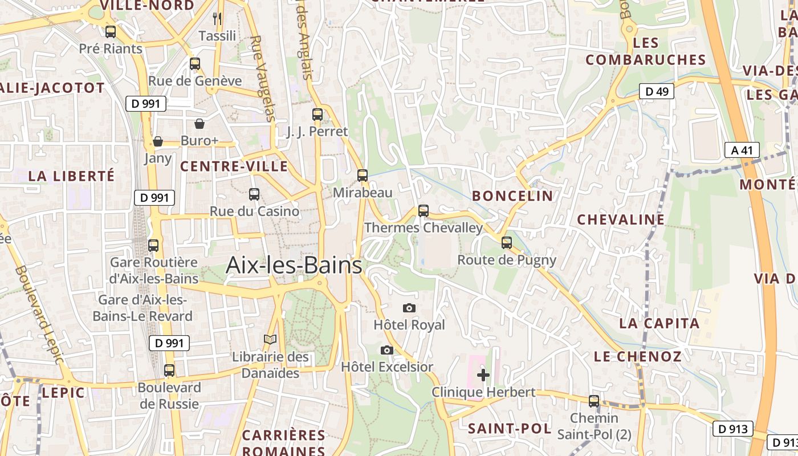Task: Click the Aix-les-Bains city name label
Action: tap(294, 266)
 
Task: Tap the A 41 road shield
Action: tap(742, 150)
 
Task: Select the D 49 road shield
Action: tap(657, 91)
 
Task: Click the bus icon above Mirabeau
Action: tap(363, 176)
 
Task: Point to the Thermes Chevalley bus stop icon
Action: tap(423, 211)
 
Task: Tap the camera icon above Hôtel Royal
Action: tap(409, 308)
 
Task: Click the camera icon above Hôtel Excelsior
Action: tap(387, 350)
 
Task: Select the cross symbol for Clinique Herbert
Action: tap(483, 375)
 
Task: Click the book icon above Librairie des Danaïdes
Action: tap(270, 340)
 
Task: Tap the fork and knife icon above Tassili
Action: tap(217, 19)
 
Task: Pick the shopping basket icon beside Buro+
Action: tap(199, 124)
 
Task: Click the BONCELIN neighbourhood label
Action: tap(512, 196)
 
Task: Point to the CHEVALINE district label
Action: tap(620, 219)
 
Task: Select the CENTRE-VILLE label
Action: tap(234, 166)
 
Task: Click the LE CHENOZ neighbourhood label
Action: tap(637, 357)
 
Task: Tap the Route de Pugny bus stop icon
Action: tap(507, 243)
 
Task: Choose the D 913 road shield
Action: tap(732, 429)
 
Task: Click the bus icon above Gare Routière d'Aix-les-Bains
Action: tap(153, 246)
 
